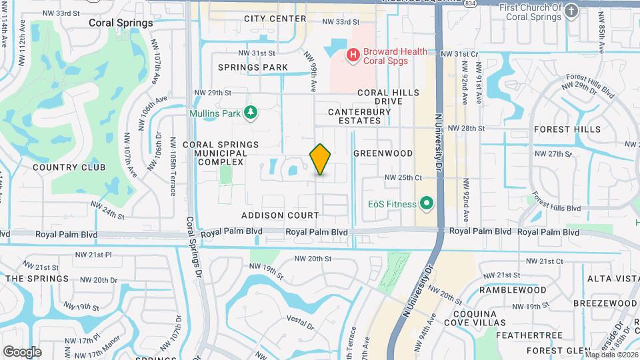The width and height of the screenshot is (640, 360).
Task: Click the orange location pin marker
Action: click(x=321, y=159)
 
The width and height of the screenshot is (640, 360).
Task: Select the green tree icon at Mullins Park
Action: click(x=251, y=113)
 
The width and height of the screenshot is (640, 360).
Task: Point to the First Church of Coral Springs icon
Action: click(x=571, y=11)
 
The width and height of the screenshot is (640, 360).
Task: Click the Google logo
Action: click(x=22, y=351)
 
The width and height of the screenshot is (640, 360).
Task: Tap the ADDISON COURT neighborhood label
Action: click(x=280, y=215)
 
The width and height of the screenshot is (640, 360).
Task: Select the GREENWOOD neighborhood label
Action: click(x=383, y=153)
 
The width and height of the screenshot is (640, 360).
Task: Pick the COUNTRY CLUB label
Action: click(x=60, y=167)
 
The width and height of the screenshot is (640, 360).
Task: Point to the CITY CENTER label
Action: click(x=275, y=19)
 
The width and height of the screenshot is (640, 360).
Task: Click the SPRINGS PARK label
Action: click(x=253, y=67)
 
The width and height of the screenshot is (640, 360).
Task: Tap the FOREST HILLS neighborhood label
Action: click(x=567, y=129)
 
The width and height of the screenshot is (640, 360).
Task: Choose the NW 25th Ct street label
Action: click(x=404, y=177)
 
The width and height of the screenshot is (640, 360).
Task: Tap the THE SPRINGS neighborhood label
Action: click(x=37, y=279)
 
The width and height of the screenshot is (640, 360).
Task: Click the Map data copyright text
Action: click(x=611, y=354)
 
